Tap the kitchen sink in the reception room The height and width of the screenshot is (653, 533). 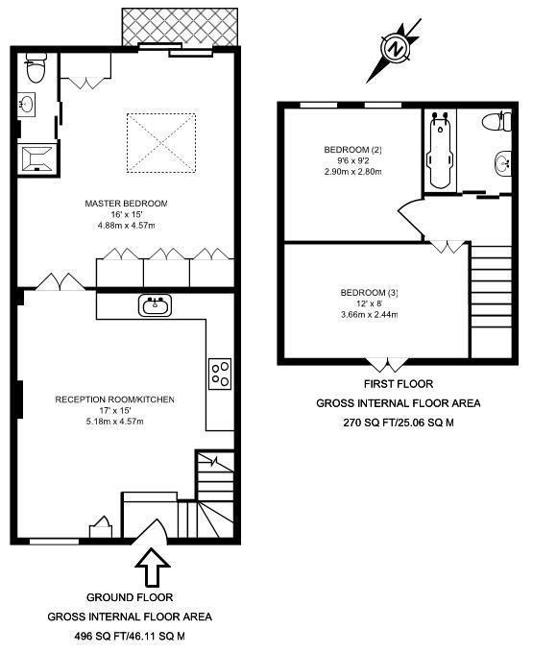(153, 306)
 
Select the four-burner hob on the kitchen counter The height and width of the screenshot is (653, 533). (220, 374)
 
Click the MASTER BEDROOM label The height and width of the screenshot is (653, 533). (126, 204)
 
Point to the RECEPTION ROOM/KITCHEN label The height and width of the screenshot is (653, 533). (114, 399)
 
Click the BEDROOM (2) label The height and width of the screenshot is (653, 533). (352, 150)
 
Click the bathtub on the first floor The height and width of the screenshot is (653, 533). (441, 150)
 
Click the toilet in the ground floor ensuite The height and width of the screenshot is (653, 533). (36, 68)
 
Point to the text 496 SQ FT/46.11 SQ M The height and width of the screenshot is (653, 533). (129, 636)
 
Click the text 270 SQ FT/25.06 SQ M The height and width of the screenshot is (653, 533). (398, 423)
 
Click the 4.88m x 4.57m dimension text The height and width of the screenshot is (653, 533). (126, 226)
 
